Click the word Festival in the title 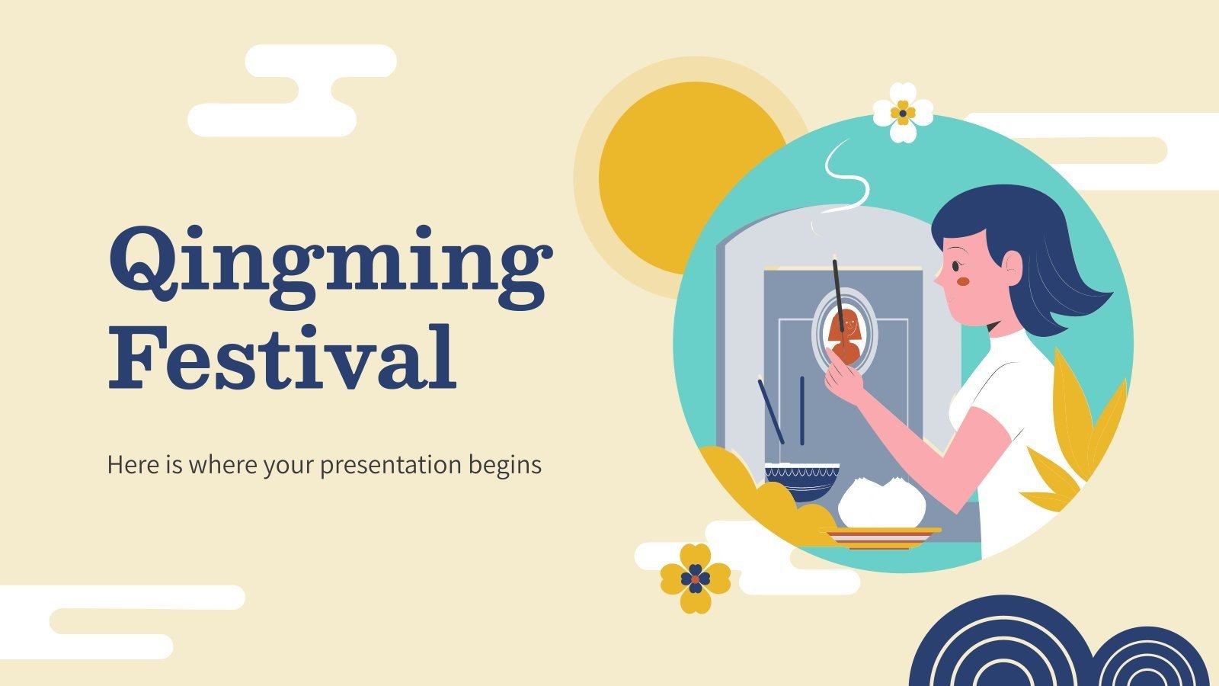point(282,358)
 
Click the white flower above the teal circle point(903,113)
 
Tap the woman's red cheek point(963,281)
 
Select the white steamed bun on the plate point(882,503)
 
